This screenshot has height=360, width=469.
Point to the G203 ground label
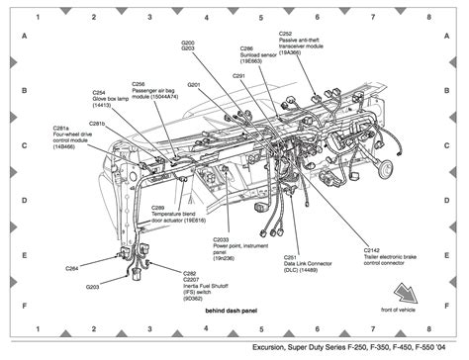(x=92, y=287)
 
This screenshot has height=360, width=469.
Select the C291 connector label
(x=238, y=75)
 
